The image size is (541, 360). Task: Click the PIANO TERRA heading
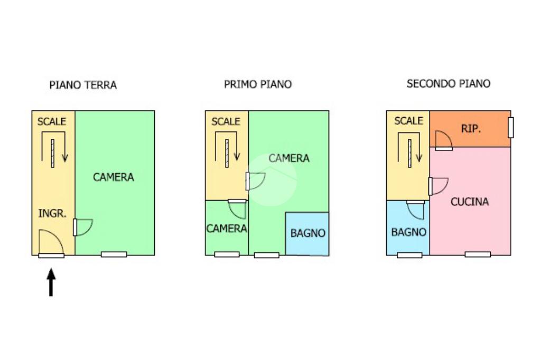[83, 84]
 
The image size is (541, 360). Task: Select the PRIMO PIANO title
[258, 84]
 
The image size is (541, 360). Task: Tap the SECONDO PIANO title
[449, 83]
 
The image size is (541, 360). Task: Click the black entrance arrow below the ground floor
[51, 282]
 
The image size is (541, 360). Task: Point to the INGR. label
[52, 214]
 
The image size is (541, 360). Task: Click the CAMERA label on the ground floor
[114, 177]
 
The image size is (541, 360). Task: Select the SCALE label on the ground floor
[52, 121]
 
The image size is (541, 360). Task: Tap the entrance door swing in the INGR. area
[51, 243]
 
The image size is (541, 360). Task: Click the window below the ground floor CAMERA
[114, 254]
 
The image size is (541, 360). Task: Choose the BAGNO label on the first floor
[308, 233]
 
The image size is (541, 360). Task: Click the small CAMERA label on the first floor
[227, 229]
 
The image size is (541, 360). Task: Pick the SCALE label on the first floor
[226, 121]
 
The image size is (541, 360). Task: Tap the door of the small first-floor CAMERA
[238, 209]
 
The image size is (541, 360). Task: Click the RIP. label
[471, 128]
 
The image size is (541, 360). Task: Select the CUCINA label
[470, 202]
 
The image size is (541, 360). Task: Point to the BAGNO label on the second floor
[408, 232]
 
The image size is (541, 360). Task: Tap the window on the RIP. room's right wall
[511, 127]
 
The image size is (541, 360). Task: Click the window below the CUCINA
[478, 254]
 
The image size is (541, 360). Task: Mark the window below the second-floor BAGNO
[409, 255]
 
